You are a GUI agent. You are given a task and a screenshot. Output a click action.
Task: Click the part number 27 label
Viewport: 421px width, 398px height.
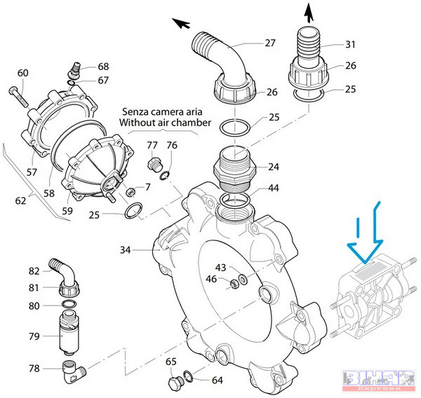pos(269,43)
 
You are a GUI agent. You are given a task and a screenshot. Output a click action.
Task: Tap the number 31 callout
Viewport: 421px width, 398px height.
pos(350,44)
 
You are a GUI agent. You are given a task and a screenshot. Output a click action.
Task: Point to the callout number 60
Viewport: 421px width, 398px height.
pos(22,73)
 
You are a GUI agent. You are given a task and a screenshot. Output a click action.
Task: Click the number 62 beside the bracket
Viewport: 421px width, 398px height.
pos(22,201)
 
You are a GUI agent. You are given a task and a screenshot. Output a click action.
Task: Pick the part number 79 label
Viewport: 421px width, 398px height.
pos(34,336)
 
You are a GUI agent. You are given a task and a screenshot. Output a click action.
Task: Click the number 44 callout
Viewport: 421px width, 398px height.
pos(273,188)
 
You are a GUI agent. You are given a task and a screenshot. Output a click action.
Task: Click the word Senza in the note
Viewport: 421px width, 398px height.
pos(138,111)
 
